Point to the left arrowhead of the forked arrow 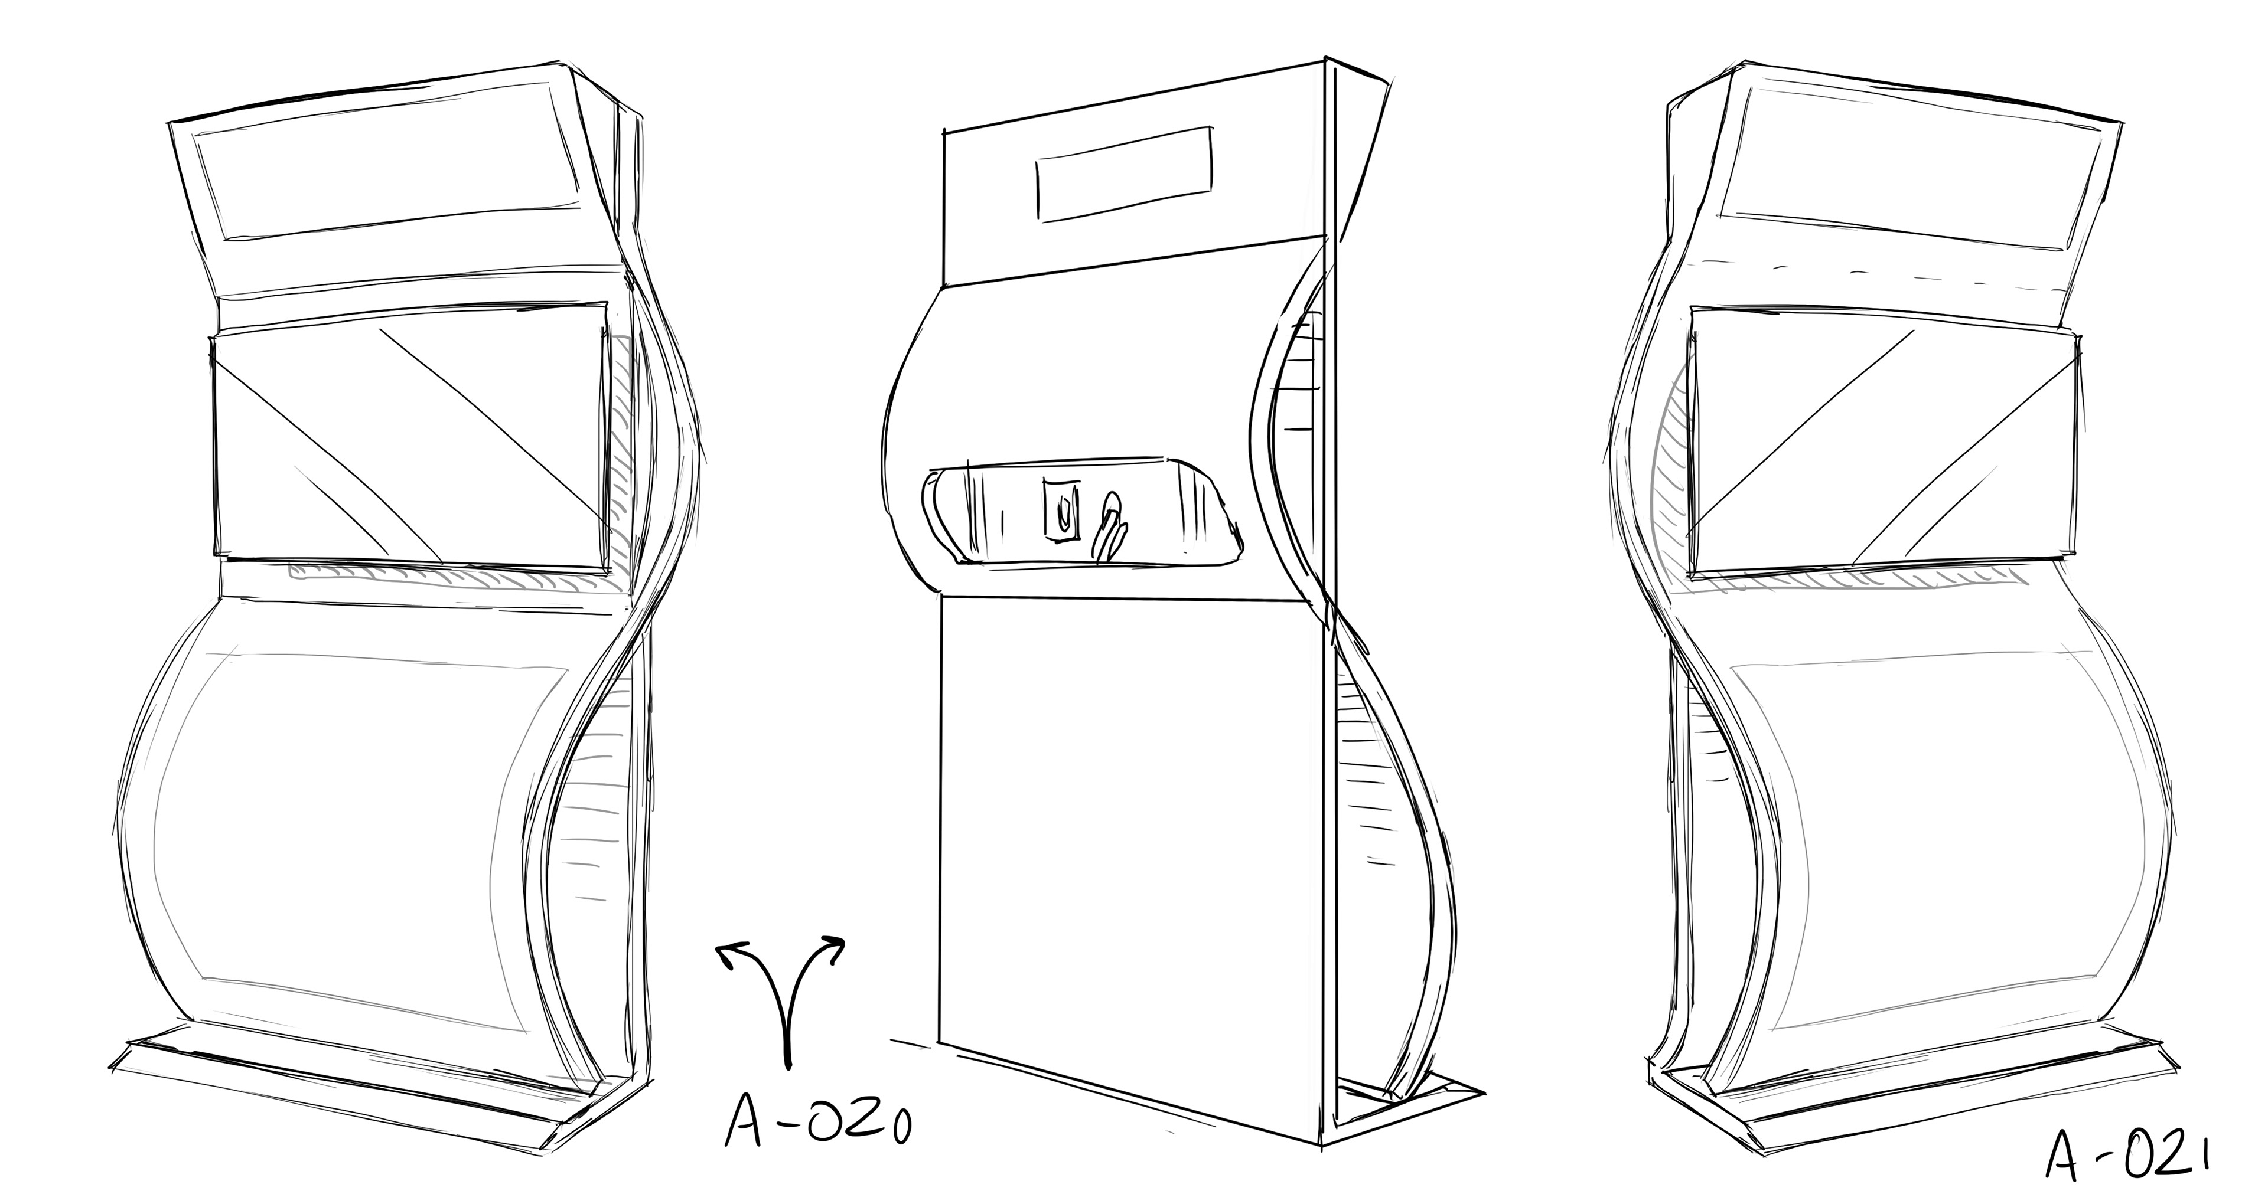731,955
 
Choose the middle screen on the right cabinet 1884,449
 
